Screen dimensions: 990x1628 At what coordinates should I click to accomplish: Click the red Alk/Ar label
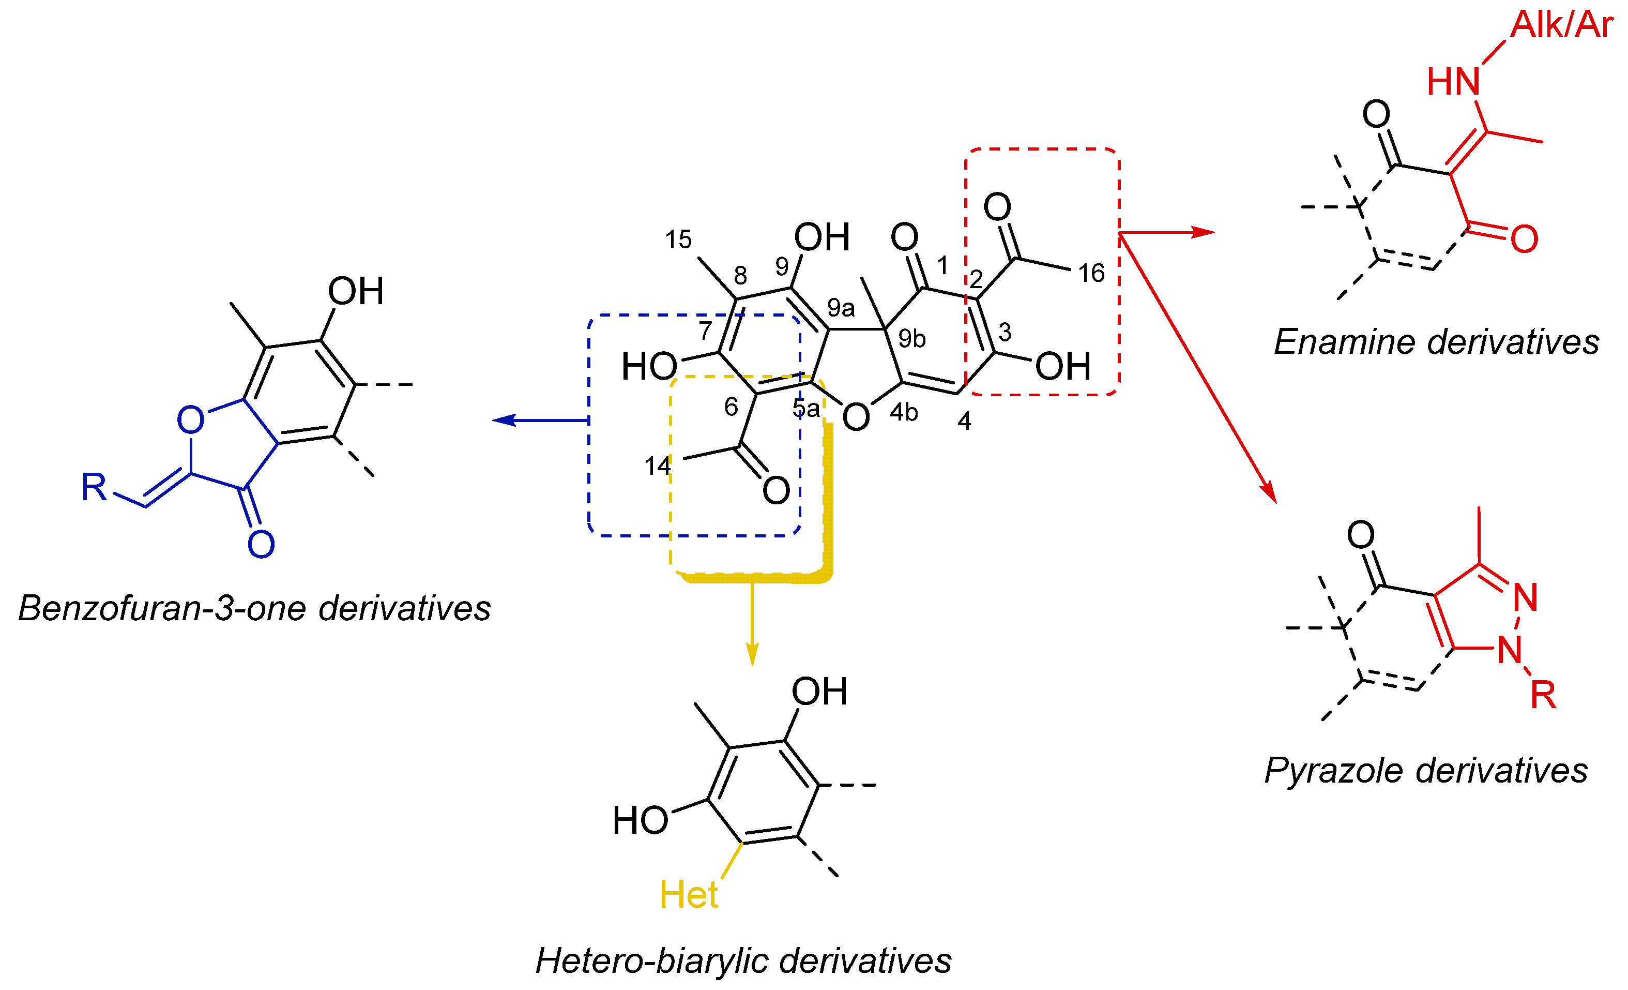tap(1561, 25)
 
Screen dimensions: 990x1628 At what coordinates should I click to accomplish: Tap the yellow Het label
tap(689, 895)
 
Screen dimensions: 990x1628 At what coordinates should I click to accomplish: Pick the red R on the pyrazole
tap(1543, 695)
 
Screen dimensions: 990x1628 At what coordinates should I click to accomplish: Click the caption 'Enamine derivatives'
tap(1436, 342)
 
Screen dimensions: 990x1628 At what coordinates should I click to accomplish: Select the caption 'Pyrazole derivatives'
tap(1426, 771)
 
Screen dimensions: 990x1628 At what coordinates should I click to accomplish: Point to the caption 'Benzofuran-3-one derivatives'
tap(254, 608)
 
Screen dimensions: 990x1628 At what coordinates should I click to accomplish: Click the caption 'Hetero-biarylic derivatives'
tap(743, 961)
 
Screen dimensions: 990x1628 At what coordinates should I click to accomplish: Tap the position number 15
tap(678, 240)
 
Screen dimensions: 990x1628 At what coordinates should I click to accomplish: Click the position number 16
tap(1091, 273)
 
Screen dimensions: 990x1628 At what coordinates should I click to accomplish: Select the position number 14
tap(658, 467)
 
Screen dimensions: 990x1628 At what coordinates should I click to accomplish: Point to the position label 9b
tap(912, 338)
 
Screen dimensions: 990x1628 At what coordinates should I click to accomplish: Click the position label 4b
tap(903, 412)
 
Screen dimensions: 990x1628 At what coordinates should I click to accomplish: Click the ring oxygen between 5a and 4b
tap(856, 417)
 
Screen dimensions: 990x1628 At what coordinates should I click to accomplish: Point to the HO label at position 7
tap(649, 366)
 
